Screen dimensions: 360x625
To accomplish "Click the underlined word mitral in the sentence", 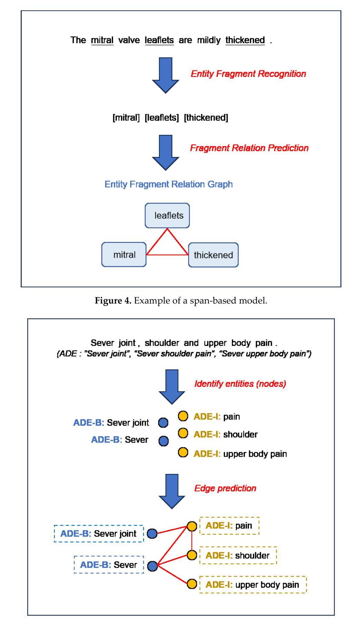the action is pos(102,40).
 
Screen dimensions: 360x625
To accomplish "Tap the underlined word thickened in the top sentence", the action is pos(245,40).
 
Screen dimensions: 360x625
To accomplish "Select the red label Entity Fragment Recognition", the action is pos(249,74).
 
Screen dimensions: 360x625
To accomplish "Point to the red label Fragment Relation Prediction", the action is pos(249,148).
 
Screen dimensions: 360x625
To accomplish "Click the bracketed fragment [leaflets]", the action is pos(162,118).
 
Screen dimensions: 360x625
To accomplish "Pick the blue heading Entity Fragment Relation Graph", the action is pos(169,184).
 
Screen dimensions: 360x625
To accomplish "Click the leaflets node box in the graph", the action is pos(167,216).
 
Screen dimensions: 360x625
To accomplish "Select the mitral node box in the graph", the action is pos(124,255).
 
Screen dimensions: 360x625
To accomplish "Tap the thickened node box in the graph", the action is pos(213,255).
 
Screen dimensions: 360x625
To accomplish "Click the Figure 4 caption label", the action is pos(113,301).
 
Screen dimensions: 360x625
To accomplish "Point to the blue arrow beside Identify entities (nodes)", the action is pos(172,387).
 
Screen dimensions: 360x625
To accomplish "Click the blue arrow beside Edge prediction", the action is pos(172,491).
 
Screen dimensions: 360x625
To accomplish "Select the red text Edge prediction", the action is pos(225,488).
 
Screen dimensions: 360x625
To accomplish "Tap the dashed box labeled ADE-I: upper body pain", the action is pos(253,585).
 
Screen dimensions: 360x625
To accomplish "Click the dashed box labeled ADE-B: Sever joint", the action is pos(99,534).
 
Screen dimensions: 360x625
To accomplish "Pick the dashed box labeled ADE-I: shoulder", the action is pos(238,555).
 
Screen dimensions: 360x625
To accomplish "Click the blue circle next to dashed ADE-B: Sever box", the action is pos(153,566).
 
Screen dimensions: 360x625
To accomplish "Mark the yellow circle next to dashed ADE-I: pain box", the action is pos(192,526).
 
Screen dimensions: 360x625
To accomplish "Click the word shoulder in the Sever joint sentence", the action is pos(162,343).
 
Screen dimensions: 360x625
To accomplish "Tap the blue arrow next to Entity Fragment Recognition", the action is pos(166,75).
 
